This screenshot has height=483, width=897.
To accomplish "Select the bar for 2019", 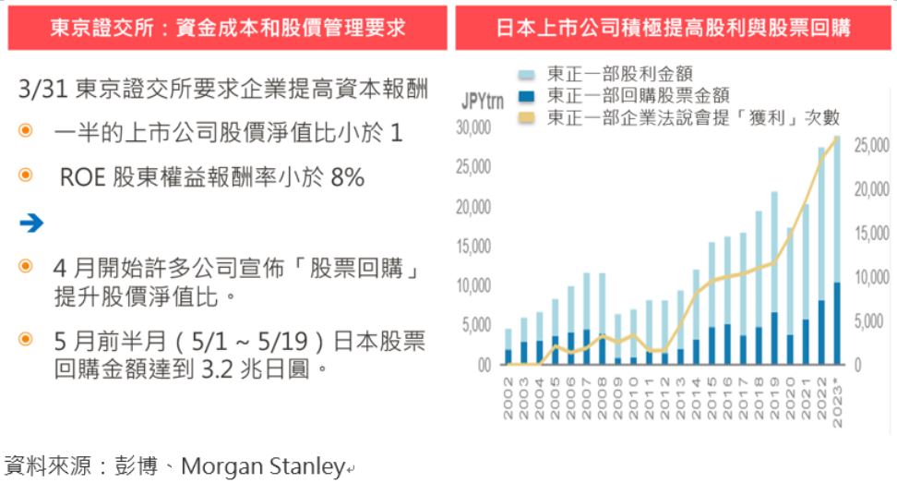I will coord(774,277).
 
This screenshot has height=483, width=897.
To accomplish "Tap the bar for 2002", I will coord(508,346).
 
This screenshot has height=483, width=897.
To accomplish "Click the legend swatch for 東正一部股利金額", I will coord(527,74).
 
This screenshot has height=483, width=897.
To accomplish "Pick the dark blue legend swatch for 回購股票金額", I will coord(527,95).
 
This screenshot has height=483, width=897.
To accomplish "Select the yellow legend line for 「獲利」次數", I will coord(527,117).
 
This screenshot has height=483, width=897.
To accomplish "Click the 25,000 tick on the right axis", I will coord(871,146).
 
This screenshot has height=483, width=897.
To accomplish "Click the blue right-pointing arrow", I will coord(30,223).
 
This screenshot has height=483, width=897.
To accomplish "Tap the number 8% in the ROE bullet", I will coord(347,177).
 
